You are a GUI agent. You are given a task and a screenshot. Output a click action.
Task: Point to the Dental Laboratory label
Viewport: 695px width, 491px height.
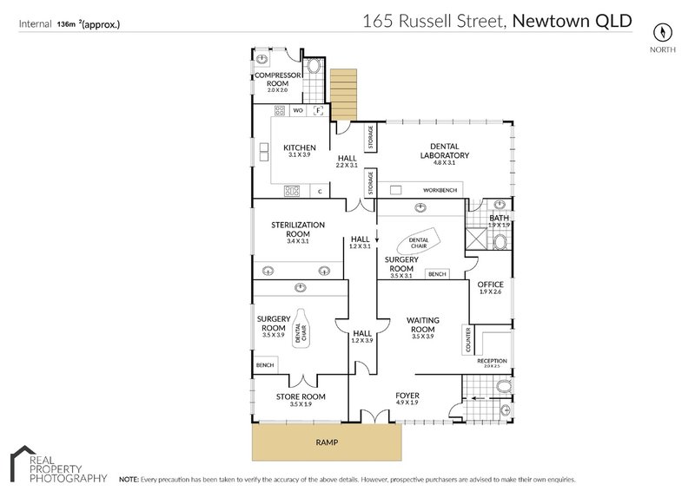444,151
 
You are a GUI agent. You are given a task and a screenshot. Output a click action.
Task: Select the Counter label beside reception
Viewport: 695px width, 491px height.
467,339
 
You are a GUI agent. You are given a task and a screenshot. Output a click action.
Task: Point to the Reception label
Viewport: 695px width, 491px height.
492,361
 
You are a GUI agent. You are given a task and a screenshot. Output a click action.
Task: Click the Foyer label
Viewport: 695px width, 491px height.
407,397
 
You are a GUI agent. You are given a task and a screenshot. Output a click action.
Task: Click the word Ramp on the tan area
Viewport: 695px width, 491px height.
327,442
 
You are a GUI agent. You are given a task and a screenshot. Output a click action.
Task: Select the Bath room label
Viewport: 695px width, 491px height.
499,219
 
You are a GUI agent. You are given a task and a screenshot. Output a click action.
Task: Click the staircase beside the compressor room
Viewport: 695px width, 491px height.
343,93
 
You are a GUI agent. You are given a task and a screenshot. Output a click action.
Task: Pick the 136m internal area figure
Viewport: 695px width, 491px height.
66,25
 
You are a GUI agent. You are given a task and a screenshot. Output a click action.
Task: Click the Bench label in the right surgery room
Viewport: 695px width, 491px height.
437,274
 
